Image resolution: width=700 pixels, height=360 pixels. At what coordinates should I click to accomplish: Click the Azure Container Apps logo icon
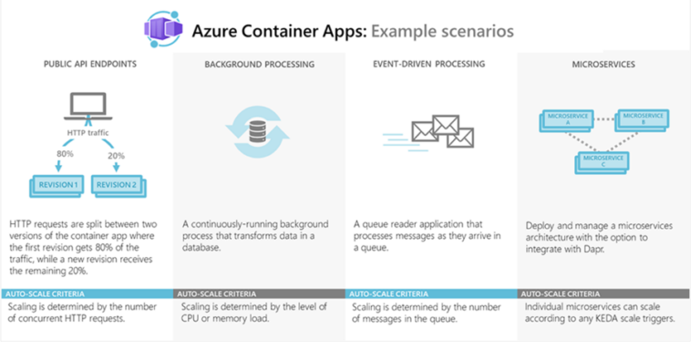(164, 30)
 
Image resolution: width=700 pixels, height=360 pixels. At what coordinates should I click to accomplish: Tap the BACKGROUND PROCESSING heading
(259, 66)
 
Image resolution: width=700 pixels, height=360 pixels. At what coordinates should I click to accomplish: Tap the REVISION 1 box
(57, 185)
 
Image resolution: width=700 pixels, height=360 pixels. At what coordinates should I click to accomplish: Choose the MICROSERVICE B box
(642, 118)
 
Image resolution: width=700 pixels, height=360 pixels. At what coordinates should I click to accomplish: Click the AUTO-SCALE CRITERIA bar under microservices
(603, 294)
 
